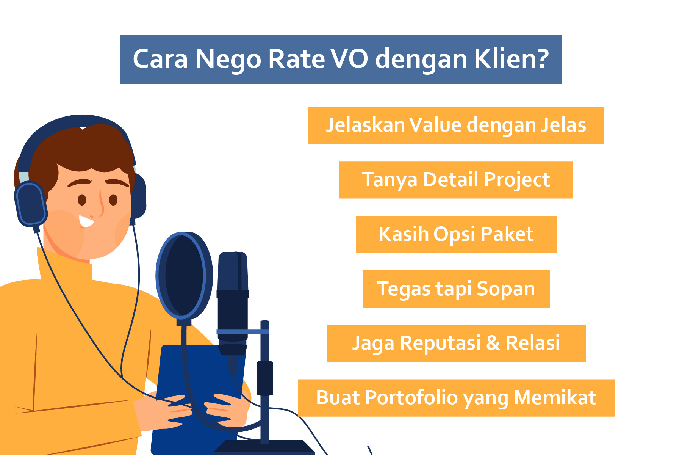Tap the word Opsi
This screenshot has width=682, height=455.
click(x=454, y=235)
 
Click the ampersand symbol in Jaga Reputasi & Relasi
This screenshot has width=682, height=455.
click(x=493, y=343)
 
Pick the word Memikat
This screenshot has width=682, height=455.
click(x=555, y=398)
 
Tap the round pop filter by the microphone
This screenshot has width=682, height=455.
click(x=185, y=276)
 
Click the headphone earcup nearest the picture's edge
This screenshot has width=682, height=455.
click(x=30, y=204)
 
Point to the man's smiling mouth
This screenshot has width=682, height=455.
click(x=86, y=221)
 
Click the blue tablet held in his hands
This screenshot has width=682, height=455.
click(x=197, y=398)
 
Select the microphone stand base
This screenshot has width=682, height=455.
click(x=264, y=447)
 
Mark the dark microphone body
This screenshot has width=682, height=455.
click(x=233, y=303)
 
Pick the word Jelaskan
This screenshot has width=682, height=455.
click(x=366, y=125)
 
